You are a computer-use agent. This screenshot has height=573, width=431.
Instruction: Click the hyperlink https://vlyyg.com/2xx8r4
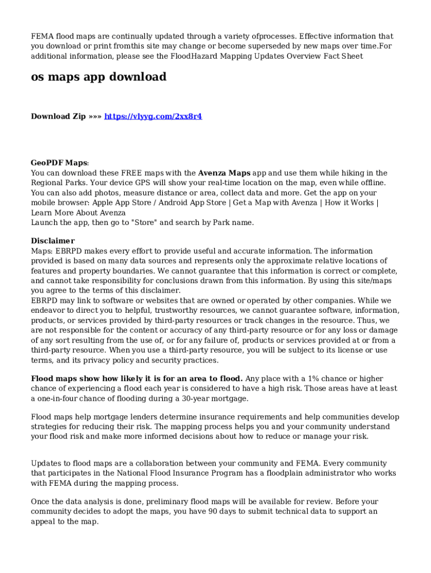click(153, 116)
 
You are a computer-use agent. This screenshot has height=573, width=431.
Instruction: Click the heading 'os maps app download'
click(99, 77)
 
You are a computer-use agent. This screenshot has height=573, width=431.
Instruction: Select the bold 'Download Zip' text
click(58, 116)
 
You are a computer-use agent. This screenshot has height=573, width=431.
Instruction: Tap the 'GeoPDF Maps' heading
click(59, 163)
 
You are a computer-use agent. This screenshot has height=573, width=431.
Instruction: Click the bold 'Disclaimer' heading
click(53, 241)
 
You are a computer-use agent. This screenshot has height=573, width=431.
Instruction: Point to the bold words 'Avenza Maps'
click(224, 173)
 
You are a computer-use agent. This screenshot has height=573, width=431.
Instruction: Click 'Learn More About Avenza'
click(78, 213)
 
